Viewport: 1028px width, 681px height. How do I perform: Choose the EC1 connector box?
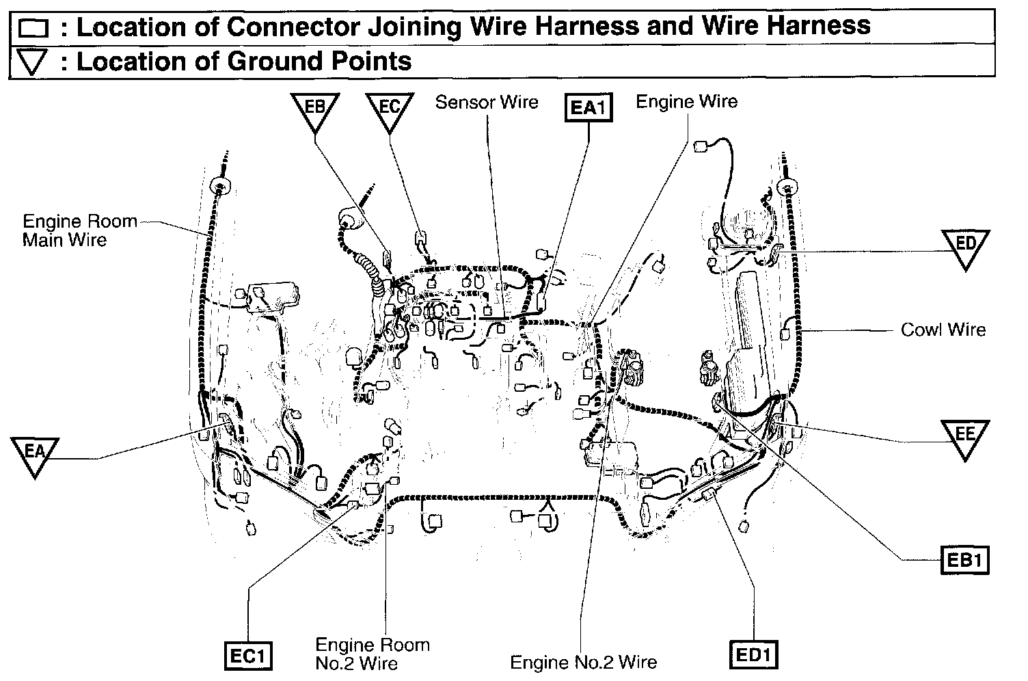point(249,656)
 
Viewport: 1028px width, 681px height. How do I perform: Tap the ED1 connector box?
point(754,656)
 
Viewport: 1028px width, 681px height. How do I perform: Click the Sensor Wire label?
point(487,103)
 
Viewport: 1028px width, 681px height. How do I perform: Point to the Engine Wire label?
point(686,102)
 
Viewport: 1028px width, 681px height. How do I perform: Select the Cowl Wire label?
point(943,330)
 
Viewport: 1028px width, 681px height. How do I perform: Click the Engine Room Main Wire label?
point(79,230)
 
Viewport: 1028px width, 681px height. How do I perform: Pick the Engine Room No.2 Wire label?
point(373,654)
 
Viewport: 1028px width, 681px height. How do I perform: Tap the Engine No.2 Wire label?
point(583,662)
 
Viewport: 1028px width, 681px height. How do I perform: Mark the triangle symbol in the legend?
point(32,63)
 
